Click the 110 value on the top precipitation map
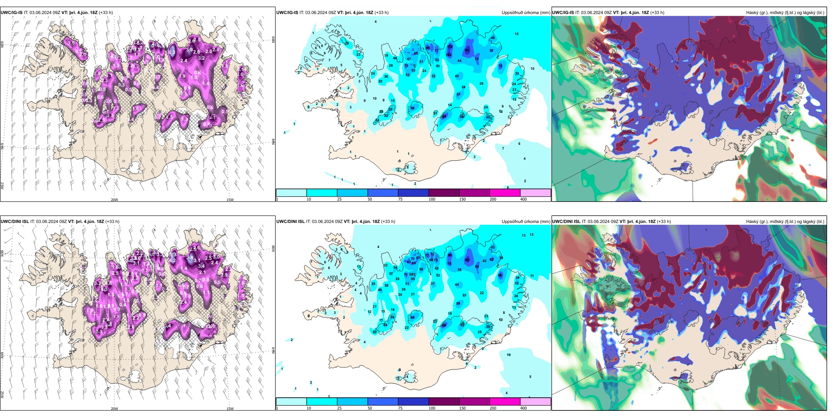[x=450, y=47]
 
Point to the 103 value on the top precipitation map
[x=449, y=55]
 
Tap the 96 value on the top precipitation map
[x=467, y=50]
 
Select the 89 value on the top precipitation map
[x=428, y=48]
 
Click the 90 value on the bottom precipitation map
[x=450, y=255]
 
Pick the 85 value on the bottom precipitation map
[x=467, y=260]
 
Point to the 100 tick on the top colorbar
[x=432, y=199]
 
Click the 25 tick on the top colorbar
[x=339, y=199]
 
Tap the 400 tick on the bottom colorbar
[x=523, y=408]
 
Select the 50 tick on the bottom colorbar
[x=370, y=408]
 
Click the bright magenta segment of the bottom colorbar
[x=505, y=402]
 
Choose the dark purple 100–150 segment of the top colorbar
[x=443, y=193]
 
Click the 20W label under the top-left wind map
[x=114, y=200]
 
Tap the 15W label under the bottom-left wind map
[x=230, y=409]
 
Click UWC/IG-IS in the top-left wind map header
[x=11, y=13]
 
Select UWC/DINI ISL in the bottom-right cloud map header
[x=566, y=222]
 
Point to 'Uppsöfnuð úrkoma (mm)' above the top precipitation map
[x=526, y=13]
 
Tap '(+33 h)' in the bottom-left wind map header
[x=112, y=222]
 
